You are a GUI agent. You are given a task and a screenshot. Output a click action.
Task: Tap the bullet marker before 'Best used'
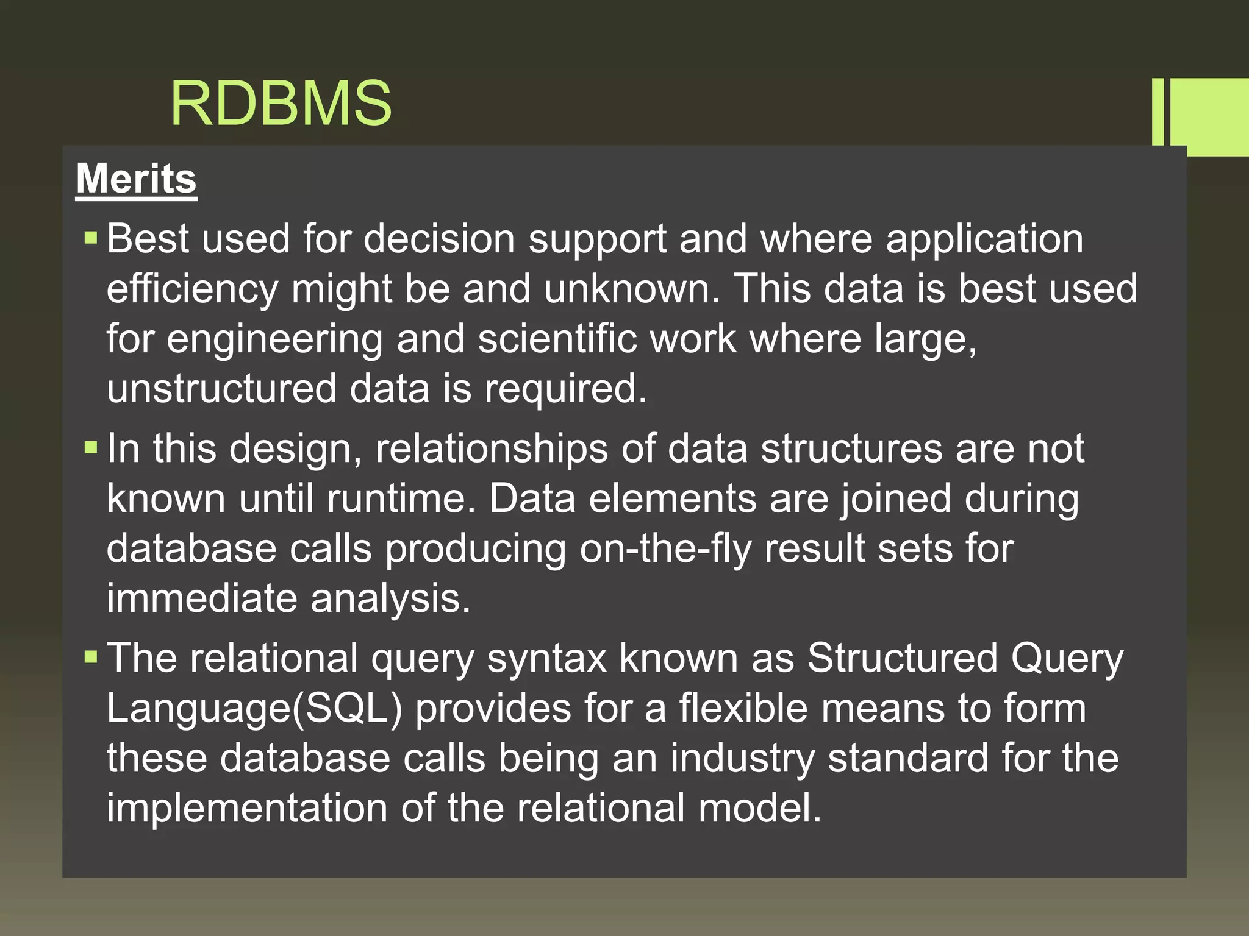point(91,237)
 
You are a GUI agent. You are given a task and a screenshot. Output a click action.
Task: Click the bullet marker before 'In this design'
point(91,448)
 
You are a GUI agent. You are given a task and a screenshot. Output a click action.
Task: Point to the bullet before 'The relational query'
point(91,658)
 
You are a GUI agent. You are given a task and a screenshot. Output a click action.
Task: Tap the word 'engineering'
point(274,339)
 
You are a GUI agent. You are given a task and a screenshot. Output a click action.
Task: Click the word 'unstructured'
point(221,389)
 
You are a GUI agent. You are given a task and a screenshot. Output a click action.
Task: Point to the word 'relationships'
point(492,449)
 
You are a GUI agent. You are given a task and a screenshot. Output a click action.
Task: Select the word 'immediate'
point(202,599)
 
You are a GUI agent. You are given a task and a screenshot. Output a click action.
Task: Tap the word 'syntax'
point(546,659)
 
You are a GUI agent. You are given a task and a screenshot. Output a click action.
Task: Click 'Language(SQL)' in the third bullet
point(255,709)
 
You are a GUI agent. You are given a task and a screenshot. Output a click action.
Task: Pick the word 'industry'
point(742,759)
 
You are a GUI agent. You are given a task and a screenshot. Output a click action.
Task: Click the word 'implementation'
point(247,809)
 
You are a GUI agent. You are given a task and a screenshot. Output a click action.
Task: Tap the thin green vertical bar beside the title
point(1158,112)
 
